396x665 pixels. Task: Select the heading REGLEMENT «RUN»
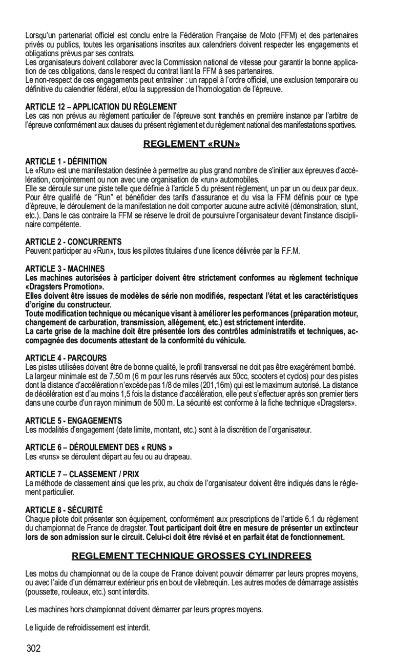tap(192, 144)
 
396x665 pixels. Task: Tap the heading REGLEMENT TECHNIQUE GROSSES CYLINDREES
tap(192, 556)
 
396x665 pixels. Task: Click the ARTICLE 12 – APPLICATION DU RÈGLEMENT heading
tap(101, 107)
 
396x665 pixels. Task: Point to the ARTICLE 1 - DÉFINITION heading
tap(66, 162)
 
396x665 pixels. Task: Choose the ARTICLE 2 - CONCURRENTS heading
tap(74, 241)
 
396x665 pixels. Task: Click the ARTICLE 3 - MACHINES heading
tap(65, 269)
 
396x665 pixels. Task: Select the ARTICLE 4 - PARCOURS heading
tap(66, 358)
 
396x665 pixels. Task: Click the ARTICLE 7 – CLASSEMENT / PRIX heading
tap(82, 474)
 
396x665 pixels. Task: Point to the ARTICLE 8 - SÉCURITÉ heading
tap(64, 509)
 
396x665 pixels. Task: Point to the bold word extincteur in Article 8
tap(340, 528)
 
